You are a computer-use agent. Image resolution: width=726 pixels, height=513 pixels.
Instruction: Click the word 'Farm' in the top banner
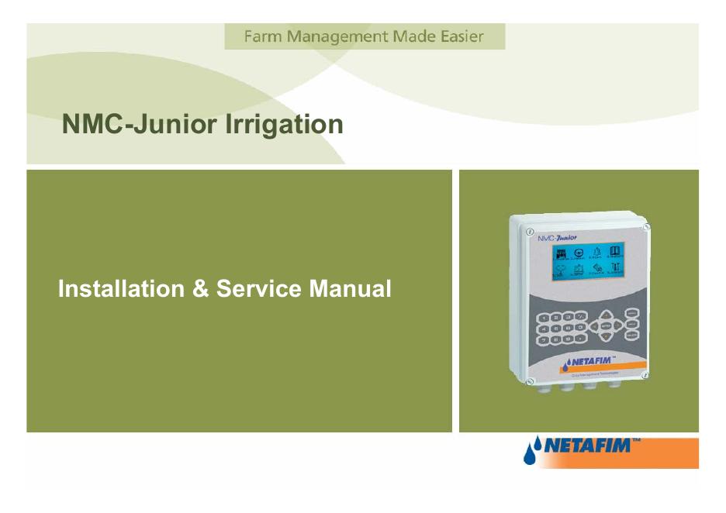click(x=260, y=36)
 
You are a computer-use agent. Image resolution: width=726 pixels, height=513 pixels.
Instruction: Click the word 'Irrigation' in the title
click(x=283, y=124)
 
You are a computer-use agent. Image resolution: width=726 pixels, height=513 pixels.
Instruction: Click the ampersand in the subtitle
click(x=200, y=289)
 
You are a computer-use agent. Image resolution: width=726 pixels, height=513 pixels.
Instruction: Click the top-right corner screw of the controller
click(x=646, y=226)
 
